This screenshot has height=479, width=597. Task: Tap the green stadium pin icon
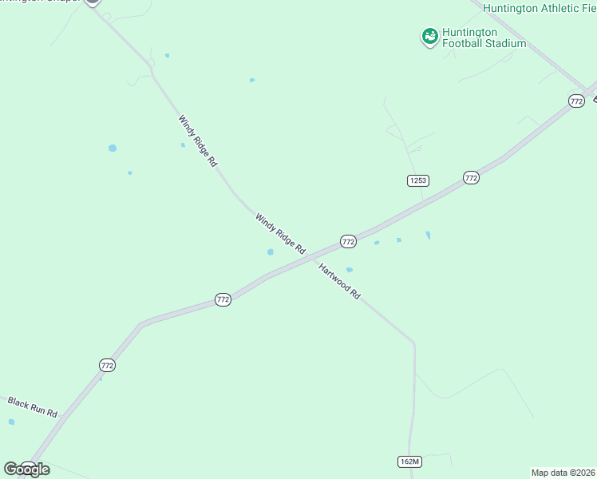coord(430,36)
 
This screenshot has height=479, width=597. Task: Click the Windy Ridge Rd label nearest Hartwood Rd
coord(280,233)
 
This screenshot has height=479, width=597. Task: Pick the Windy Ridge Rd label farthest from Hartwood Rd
coord(198,141)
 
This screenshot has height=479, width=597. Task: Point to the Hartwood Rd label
coord(340,281)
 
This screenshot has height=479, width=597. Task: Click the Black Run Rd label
coord(33,407)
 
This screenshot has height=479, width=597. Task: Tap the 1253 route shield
coord(417,180)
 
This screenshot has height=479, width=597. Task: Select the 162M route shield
coord(409,461)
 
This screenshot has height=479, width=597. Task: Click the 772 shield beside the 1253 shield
coord(471,177)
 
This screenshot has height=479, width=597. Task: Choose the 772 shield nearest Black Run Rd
coord(108,365)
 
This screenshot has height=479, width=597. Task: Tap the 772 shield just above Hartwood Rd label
coord(348,241)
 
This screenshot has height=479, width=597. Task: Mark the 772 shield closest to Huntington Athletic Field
coord(576,101)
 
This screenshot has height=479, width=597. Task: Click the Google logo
coord(26,469)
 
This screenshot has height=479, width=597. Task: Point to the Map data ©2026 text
coord(563,472)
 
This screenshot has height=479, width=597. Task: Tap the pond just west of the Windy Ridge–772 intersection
coord(271,252)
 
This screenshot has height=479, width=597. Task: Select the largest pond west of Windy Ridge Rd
coord(113,148)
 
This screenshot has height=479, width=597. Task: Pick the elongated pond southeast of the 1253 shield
coord(428,235)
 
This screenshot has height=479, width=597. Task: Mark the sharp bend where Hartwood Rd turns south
coord(413,343)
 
